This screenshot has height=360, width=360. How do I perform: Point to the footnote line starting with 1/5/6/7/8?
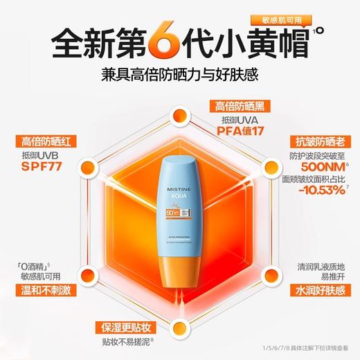coord(309,352)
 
